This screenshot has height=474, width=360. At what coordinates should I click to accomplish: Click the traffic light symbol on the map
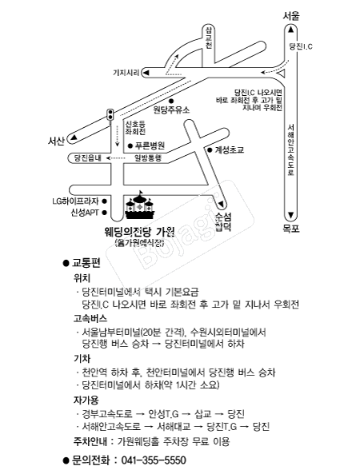[110, 115]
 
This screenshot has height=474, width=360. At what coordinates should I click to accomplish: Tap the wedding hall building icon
[140, 205]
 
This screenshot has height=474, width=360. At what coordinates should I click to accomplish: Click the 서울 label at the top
[291, 16]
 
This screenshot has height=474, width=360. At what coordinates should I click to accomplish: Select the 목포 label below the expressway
[291, 229]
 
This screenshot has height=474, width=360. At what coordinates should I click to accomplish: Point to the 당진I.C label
[301, 46]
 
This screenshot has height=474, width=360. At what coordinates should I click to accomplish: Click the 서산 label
[56, 141]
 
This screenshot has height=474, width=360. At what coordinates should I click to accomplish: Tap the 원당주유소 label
[171, 110]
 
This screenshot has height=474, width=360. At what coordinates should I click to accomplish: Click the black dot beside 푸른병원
[130, 146]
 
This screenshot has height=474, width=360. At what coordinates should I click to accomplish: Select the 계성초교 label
[230, 150]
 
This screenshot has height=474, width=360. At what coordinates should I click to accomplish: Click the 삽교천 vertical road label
[209, 38]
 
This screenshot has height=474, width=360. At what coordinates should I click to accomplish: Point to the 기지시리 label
[126, 73]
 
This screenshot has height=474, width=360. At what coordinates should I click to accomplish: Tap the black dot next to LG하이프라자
[104, 201]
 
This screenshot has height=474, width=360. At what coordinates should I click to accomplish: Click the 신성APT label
[85, 213]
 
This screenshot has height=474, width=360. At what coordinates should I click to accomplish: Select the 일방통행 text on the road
[148, 157]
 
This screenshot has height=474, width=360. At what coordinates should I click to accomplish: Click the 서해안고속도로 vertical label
[290, 150]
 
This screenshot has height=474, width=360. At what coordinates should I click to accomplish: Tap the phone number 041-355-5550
[154, 460]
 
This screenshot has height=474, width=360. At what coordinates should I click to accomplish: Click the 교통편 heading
[86, 263]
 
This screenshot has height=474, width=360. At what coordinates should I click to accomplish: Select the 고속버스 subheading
[90, 318]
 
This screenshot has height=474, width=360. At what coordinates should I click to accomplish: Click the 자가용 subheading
[86, 400]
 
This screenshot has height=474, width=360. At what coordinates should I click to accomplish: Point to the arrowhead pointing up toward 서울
[290, 30]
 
